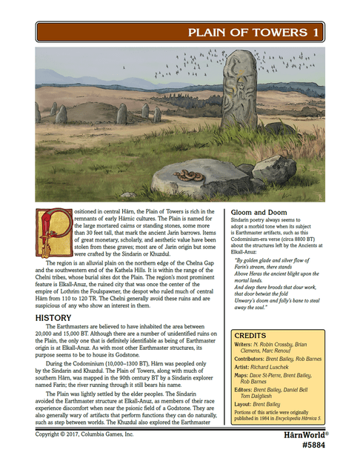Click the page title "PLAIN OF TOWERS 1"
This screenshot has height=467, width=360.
click(254, 33)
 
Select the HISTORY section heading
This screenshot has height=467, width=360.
click(53, 318)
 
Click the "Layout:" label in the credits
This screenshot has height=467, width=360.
click(244, 405)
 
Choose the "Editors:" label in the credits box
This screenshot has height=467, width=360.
click(244, 389)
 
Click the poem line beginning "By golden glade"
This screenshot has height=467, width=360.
click(274, 260)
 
